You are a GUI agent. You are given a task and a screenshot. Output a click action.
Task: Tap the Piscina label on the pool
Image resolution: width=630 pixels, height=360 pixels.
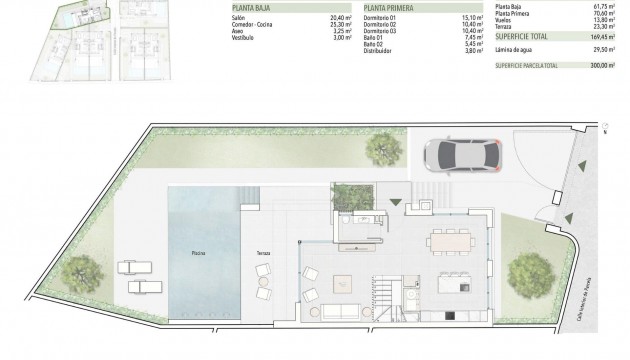[x=199, y=253]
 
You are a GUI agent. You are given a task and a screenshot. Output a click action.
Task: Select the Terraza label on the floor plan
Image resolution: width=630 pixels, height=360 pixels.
[x=263, y=253]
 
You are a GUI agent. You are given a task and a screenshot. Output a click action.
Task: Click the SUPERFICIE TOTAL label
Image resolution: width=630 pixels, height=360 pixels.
[x=521, y=37]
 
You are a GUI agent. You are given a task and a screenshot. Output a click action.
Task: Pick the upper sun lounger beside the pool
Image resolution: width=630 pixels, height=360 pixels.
[x=134, y=268]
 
